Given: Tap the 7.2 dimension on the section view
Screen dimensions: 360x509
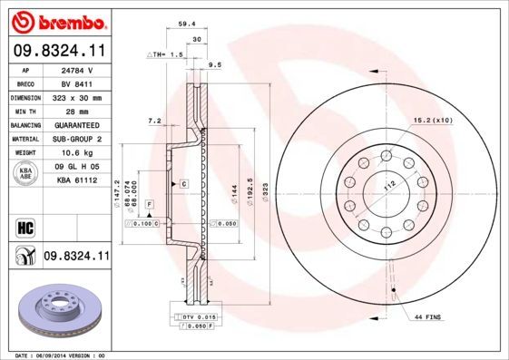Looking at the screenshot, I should [x=154, y=121].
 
